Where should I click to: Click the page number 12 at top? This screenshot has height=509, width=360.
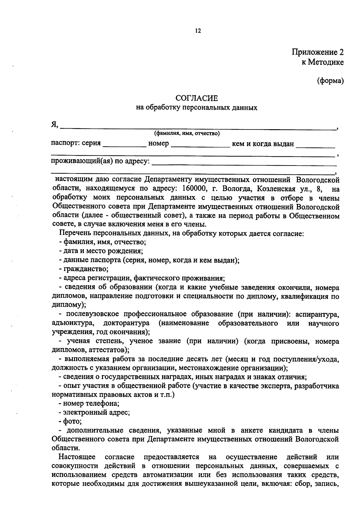[x=198, y=31]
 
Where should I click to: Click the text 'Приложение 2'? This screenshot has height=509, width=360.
[x=318, y=52]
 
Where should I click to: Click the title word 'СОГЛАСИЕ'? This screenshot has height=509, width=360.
[x=196, y=98]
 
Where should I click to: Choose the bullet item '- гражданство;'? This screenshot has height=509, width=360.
[x=84, y=269]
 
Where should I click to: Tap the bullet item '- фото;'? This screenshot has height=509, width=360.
[x=70, y=421]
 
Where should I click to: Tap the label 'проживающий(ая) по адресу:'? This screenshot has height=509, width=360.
[x=100, y=161]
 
